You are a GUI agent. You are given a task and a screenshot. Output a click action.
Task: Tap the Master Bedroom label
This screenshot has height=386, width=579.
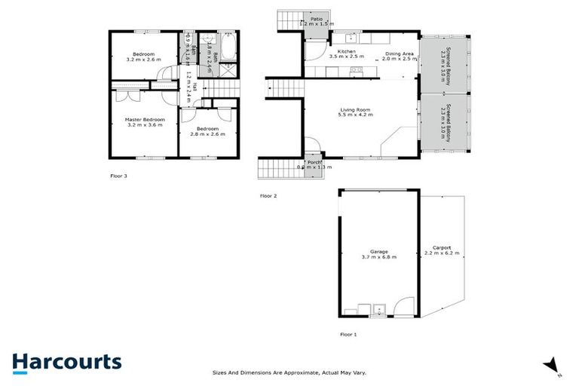click(144, 120)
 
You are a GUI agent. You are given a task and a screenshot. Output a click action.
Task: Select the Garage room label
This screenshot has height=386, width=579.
click(378, 251)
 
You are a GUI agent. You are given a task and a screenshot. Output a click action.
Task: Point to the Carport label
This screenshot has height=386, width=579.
click(442, 248)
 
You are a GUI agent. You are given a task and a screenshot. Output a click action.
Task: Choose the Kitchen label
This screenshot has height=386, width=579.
click(346, 52)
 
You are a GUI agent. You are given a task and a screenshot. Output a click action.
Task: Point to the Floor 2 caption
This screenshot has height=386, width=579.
click(268, 196)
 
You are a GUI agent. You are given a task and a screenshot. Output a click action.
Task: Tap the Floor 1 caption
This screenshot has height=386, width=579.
click(348, 333)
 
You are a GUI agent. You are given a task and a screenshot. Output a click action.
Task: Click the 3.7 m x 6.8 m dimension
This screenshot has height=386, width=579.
click(378, 257)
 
